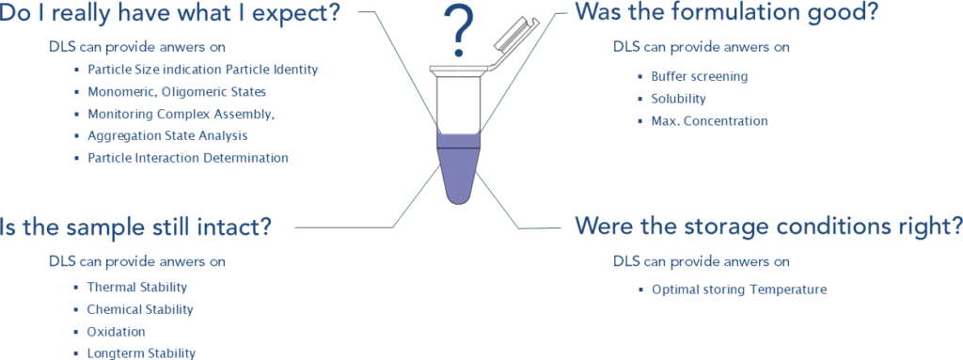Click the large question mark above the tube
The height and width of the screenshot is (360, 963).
[x=459, y=32]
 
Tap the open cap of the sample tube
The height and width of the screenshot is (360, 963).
[x=513, y=43]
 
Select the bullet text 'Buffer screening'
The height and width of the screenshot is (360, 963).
[x=700, y=77]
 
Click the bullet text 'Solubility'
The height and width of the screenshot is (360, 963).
[x=679, y=99]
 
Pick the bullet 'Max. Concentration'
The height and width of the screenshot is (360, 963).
[x=709, y=121]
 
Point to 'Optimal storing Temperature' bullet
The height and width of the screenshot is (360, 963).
[x=739, y=290]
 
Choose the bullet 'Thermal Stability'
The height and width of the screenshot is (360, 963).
[x=137, y=287]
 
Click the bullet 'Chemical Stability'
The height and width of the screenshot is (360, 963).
[x=140, y=309]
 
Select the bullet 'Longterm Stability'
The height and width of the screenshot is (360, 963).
[x=141, y=353]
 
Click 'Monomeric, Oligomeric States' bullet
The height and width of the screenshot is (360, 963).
[x=177, y=92]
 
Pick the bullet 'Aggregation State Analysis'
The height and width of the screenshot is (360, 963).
[x=167, y=135]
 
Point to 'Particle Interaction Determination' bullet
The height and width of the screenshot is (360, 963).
[x=188, y=158]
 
